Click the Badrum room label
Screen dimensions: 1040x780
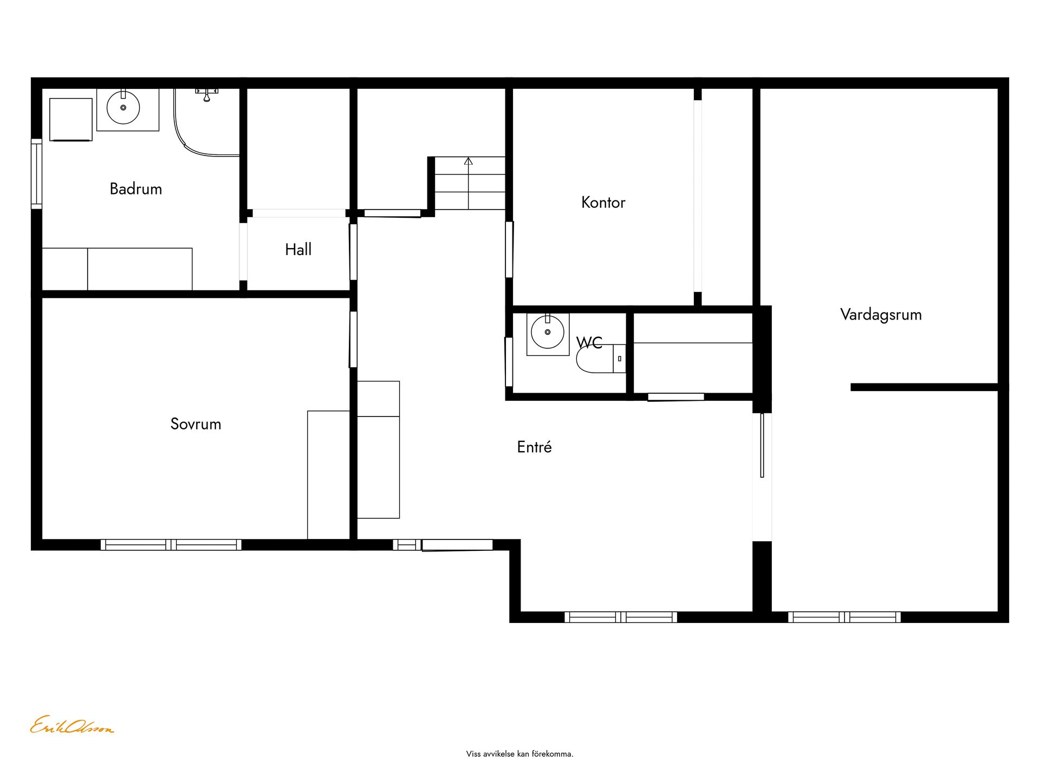click(135, 189)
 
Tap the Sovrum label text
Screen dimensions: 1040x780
click(196, 424)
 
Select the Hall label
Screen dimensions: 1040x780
click(298, 249)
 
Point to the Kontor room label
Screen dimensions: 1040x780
click(603, 203)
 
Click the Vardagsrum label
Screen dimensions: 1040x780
click(881, 315)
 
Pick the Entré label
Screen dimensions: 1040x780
click(534, 447)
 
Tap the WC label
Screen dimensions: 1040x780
click(589, 343)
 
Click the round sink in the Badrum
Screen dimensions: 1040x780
click(123, 107)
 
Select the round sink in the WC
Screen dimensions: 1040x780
click(548, 331)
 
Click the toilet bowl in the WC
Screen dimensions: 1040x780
click(595, 359)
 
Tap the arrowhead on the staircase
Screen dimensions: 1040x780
click(469, 161)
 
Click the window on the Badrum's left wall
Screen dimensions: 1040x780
click(36, 173)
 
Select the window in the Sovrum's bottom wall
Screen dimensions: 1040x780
click(171, 544)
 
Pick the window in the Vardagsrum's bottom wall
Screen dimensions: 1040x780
click(844, 617)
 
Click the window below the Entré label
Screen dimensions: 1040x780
click(621, 617)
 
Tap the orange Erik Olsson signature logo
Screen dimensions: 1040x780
click(71, 725)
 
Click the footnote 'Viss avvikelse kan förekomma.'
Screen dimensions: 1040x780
click(519, 754)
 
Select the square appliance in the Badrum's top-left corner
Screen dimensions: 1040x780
click(71, 120)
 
